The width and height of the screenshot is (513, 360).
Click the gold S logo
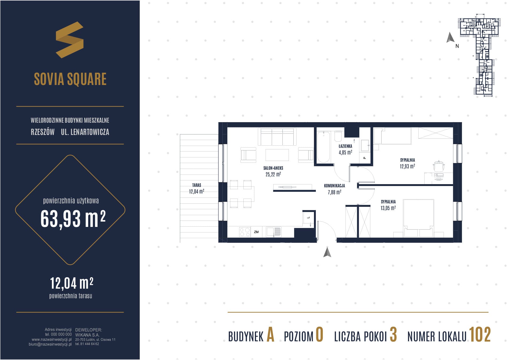[x=69, y=40]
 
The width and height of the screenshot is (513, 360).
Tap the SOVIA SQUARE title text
[x=70, y=79]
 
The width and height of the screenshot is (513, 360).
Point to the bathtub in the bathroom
[x=323, y=147]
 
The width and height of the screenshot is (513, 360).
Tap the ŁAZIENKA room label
[x=345, y=146]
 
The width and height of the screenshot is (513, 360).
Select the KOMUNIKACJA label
[x=334, y=185]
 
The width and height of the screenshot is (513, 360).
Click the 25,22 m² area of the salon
[x=273, y=174]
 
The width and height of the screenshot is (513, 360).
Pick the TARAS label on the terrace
[x=197, y=185]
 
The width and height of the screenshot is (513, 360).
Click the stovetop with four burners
[x=245, y=232]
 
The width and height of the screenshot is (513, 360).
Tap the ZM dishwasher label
[x=256, y=232]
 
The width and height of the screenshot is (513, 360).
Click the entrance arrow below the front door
[x=327, y=252]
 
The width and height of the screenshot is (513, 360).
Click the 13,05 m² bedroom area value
[x=388, y=208]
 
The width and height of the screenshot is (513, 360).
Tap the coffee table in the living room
[x=277, y=155]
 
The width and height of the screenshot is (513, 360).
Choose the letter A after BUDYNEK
[x=270, y=335]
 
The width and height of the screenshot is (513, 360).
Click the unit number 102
[x=480, y=335]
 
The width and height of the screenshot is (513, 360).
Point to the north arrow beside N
[x=450, y=38]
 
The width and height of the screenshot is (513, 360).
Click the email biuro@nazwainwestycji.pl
[x=50, y=344]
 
